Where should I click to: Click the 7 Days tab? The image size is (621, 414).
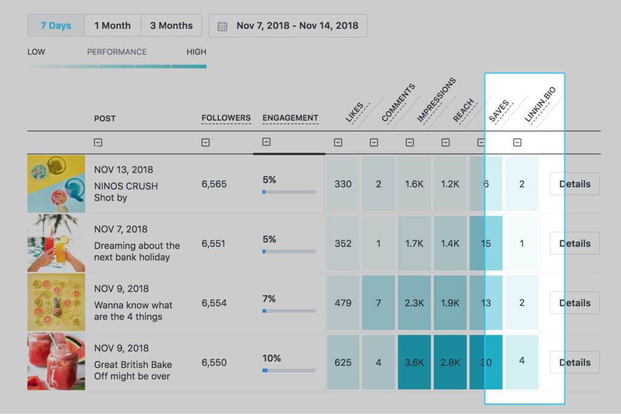point(56,25)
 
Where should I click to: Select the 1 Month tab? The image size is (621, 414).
point(112,25)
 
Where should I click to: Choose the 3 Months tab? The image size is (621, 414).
point(171,25)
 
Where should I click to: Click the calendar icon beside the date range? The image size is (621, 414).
point(223,26)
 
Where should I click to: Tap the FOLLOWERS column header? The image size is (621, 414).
point(226,118)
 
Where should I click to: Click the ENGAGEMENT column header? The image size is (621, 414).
point(290,118)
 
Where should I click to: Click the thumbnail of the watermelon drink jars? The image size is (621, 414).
point(56,362)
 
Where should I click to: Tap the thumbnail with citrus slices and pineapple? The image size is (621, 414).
point(56,302)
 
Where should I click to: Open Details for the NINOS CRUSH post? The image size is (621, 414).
point(574,184)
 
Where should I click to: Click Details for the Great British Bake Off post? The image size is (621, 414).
point(574,362)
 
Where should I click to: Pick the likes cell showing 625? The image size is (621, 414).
point(343,362)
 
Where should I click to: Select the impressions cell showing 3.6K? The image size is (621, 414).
point(414,362)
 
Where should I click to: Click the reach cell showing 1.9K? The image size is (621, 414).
point(450,302)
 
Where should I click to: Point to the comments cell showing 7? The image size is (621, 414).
point(378,302)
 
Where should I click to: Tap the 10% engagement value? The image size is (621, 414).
point(271,358)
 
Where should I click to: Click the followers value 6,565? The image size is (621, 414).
point(213,184)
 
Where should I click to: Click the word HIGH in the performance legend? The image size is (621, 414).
point(196,52)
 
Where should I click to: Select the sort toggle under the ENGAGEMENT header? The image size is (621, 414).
point(266,142)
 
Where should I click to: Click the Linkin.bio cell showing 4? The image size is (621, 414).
point(522,361)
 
